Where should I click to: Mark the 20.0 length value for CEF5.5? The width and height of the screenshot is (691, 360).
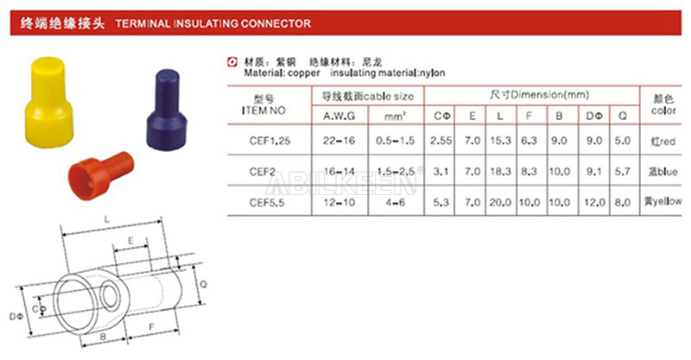pyautogui.click(x=501, y=202)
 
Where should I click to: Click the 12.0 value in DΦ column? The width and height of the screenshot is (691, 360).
pyautogui.click(x=593, y=202)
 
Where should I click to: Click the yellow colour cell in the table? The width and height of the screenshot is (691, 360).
pyautogui.click(x=662, y=202)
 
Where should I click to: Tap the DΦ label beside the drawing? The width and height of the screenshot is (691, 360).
pyautogui.click(x=15, y=318)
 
